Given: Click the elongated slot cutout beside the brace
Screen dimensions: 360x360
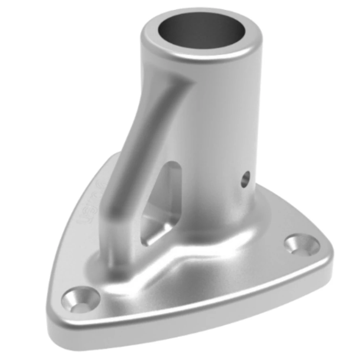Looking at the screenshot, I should (x=164, y=202).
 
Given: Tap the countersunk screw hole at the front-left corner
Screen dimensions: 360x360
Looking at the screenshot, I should (x=80, y=299).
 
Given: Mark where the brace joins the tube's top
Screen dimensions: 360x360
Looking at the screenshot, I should (x=176, y=83).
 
